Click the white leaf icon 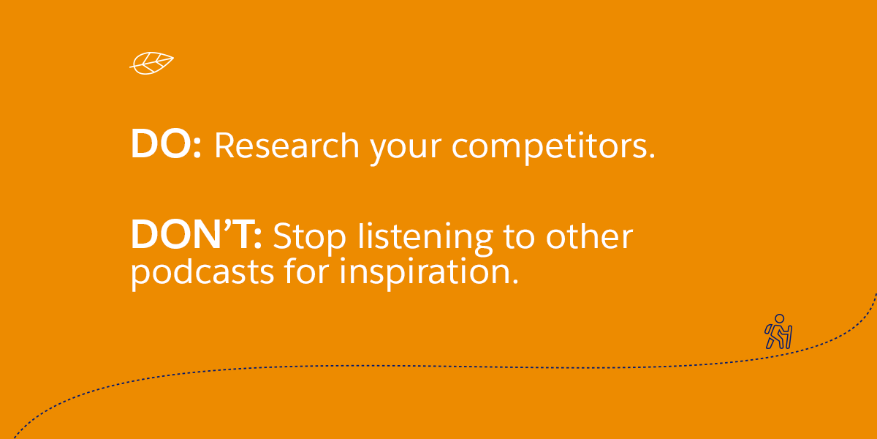(151, 63)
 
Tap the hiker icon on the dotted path (778, 331)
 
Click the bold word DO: (166, 144)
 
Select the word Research (286, 146)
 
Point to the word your (406, 149)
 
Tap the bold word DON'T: (196, 234)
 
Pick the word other (589, 236)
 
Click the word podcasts (202, 273)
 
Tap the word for (306, 271)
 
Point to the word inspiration (425, 273)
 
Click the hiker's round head (780, 319)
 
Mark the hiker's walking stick (789, 337)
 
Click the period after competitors (651, 156)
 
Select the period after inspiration (515, 281)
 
